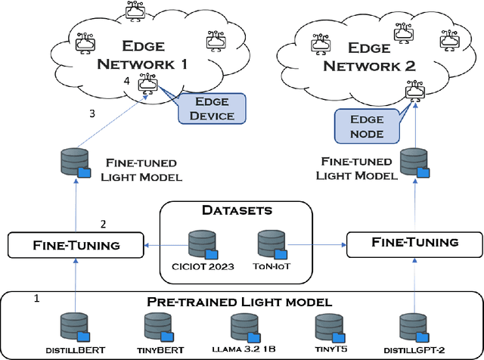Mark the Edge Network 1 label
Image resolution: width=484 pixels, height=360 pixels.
pos(142,54)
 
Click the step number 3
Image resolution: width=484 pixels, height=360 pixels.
pos(92,114)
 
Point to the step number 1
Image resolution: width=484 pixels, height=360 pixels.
pos(36,299)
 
